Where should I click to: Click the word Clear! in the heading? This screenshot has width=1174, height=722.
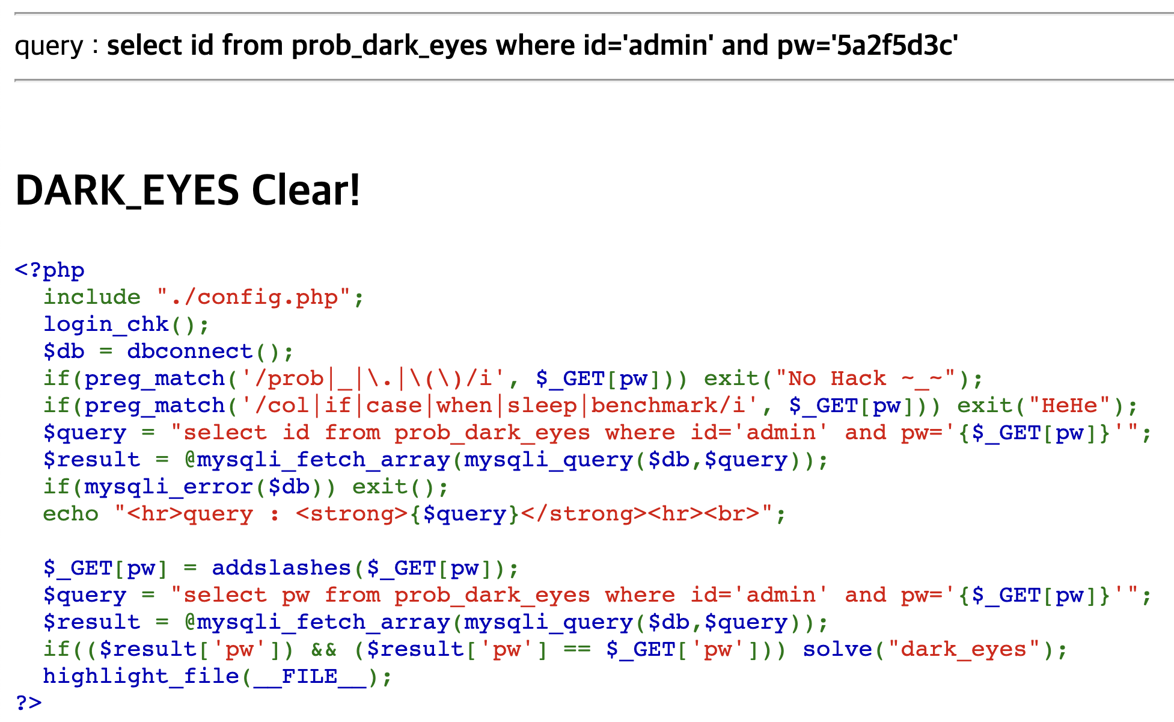[305, 190]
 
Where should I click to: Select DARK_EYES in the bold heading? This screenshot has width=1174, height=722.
[127, 190]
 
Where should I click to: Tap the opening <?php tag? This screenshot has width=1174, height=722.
[49, 270]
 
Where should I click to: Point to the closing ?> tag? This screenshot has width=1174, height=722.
[28, 702]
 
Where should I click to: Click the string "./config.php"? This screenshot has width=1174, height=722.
[253, 297]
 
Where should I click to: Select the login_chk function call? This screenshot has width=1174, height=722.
[106, 324]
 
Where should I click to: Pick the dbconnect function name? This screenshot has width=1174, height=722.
[190, 351]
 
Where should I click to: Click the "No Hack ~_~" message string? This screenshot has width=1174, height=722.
[865, 378]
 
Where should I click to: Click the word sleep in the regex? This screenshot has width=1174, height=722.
[542, 406]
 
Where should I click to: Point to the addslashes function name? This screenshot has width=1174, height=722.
[281, 568]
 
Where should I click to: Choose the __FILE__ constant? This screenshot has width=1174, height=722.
[310, 676]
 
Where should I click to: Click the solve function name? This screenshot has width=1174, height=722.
[837, 649]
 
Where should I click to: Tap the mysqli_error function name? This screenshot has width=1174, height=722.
[168, 487]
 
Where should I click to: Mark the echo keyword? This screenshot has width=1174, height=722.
[70, 514]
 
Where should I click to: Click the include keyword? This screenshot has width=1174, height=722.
[91, 297]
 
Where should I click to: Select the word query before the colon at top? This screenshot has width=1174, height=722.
[49, 46]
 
